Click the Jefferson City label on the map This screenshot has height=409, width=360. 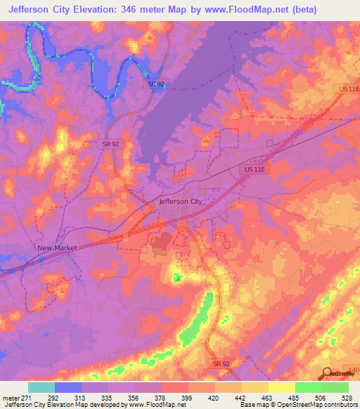181,201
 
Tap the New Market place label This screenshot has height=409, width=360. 56,248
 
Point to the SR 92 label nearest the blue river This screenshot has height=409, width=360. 156,84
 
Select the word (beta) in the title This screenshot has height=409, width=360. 301,10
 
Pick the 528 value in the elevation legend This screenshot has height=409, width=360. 347,398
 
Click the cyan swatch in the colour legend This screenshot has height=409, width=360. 41,387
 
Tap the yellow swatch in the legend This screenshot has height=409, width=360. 281,387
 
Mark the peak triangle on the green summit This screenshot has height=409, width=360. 178,278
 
